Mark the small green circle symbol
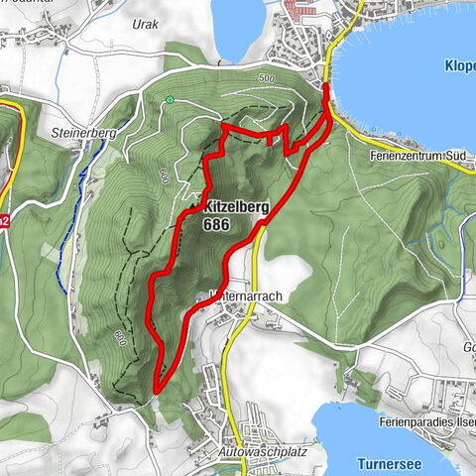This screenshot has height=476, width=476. tap(171, 99)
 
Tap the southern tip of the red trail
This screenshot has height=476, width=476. tap(157, 390)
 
